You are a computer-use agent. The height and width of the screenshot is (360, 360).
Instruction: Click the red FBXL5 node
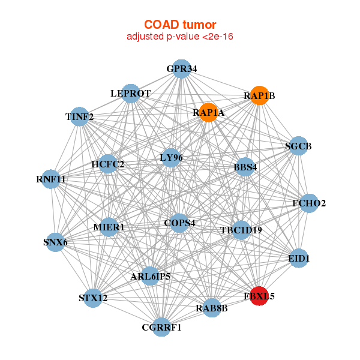click(259, 296)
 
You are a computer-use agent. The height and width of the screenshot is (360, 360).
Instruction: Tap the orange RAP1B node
click(259, 95)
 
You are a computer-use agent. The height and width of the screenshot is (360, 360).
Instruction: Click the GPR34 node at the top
click(181, 69)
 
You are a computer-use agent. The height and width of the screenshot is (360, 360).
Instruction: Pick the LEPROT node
click(130, 94)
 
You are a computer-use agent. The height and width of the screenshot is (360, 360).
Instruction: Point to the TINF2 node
click(80, 116)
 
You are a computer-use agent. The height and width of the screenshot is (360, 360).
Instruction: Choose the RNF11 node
click(51, 179)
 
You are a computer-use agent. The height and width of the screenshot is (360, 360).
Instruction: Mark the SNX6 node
click(55, 242)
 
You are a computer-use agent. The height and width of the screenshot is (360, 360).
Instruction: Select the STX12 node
click(92, 298)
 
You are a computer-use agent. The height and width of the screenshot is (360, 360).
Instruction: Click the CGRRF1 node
click(161, 327)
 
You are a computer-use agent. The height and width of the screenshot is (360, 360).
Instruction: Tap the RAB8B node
click(212, 308)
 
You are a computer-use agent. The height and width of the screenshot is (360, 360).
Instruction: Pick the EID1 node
click(299, 259)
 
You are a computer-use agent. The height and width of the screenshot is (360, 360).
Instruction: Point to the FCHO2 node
click(308, 203)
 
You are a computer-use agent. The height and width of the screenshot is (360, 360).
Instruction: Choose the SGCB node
click(298, 146)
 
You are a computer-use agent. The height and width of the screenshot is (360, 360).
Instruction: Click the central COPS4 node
click(180, 223)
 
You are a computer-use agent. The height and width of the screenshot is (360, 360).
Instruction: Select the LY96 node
click(171, 158)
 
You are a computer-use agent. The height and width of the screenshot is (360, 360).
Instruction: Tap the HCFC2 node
click(108, 164)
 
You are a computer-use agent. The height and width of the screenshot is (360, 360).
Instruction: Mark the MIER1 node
click(109, 227)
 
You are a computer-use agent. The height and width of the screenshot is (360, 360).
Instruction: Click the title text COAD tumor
click(180, 25)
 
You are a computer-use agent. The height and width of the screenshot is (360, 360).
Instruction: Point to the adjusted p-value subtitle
click(180, 37)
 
